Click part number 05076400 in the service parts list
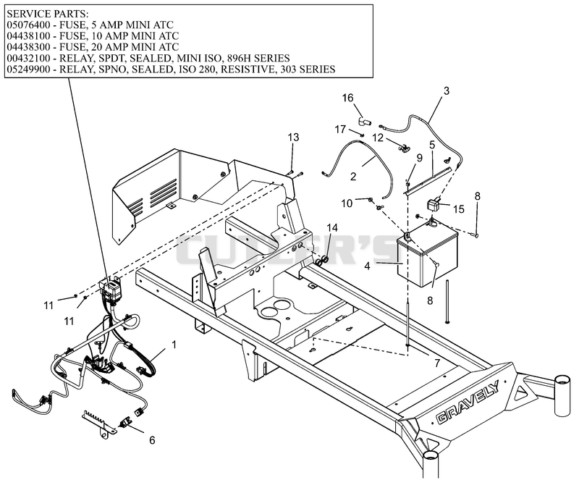click(x=28, y=25)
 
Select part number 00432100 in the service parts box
click(x=28, y=59)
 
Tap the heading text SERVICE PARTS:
click(x=48, y=14)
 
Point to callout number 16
click(x=348, y=98)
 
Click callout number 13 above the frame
click(x=293, y=138)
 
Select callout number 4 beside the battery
click(x=367, y=266)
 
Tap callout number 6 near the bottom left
click(x=152, y=440)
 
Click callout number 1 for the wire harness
click(x=174, y=345)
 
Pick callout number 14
click(x=332, y=227)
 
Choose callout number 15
click(x=459, y=209)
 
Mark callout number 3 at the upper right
click(x=447, y=91)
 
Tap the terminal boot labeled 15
click(x=434, y=204)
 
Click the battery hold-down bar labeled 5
click(x=428, y=181)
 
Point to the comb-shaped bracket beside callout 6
click(x=98, y=422)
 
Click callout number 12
click(x=378, y=138)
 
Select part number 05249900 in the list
click(x=28, y=70)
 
